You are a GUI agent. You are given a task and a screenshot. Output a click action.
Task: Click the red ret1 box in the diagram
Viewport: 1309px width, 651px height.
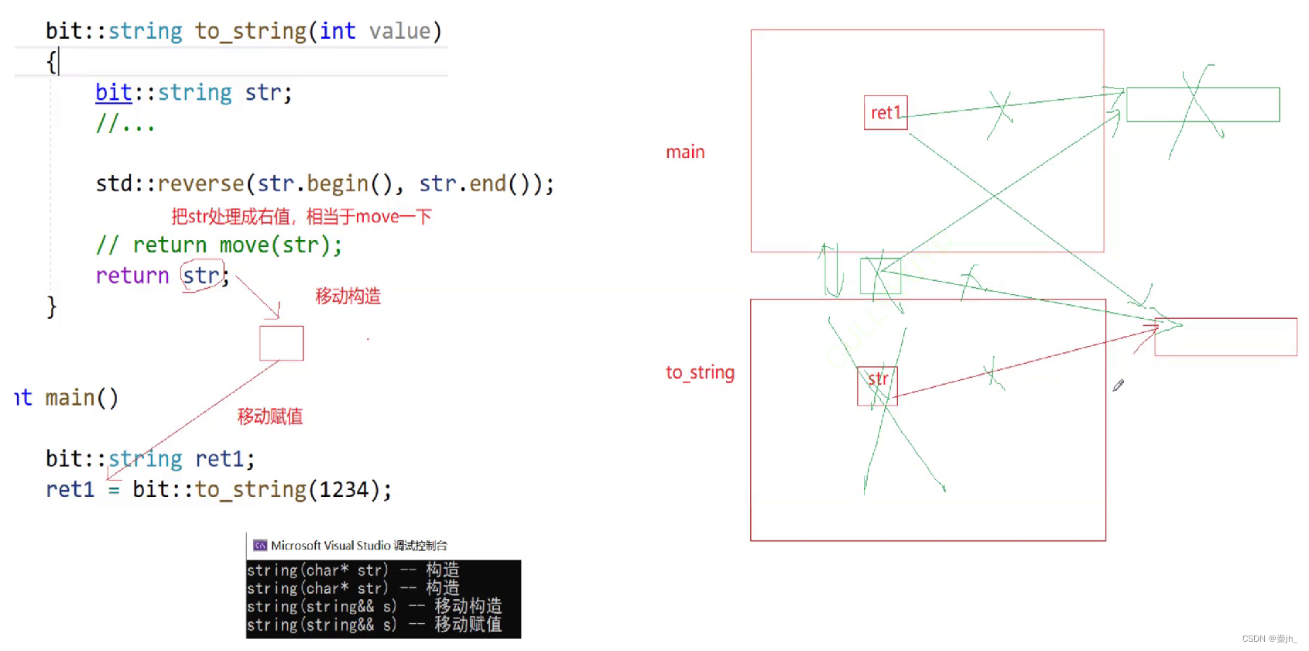click(886, 112)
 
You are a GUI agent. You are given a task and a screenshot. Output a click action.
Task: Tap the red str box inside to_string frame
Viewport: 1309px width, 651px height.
click(877, 385)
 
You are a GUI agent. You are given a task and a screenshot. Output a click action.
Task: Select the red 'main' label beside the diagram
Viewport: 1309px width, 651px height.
click(685, 152)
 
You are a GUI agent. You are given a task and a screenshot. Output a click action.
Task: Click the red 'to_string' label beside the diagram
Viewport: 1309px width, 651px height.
click(700, 372)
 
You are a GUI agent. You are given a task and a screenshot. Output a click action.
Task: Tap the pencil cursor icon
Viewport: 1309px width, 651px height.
click(1118, 385)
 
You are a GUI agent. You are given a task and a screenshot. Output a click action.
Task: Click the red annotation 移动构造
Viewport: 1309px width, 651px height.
click(348, 296)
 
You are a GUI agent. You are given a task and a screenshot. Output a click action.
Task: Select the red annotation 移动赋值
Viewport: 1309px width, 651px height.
click(270, 416)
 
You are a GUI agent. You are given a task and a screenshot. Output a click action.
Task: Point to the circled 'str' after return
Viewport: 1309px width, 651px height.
click(202, 276)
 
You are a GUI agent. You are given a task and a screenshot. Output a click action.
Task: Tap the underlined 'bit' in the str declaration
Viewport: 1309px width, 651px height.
click(113, 92)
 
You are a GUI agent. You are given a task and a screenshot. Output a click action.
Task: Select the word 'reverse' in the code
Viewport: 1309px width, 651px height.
click(200, 183)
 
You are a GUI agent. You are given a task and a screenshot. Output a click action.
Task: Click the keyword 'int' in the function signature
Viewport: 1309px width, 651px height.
click(338, 31)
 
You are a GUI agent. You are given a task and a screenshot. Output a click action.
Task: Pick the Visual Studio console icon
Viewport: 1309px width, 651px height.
click(260, 545)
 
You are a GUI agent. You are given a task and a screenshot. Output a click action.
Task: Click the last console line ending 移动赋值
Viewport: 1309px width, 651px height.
click(375, 625)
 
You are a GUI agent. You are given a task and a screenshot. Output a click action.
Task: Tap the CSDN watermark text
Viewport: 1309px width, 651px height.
click(1269, 639)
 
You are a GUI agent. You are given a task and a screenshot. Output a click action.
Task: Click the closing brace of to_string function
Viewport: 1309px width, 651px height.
click(51, 307)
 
